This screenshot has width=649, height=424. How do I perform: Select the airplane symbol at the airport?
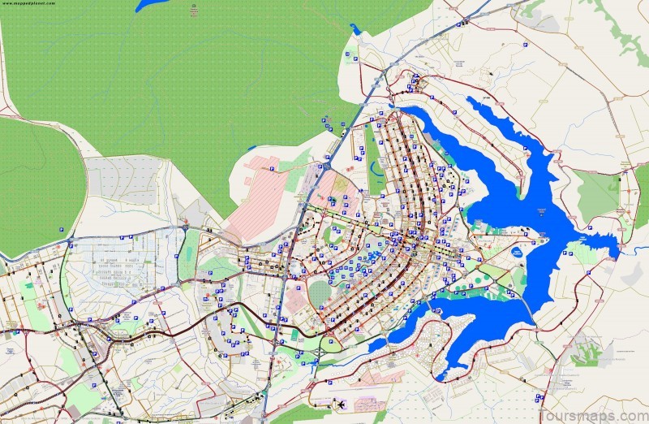pyautogui.click(x=342, y=404)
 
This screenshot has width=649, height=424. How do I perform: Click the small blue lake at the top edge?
pyautogui.click(x=150, y=5)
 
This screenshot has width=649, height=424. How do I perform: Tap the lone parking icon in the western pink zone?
pyautogui.click(x=273, y=169)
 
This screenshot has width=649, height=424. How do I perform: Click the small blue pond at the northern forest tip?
pyautogui.click(x=355, y=29)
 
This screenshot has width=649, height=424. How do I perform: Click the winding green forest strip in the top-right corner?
pyautogui.click(x=625, y=32)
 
